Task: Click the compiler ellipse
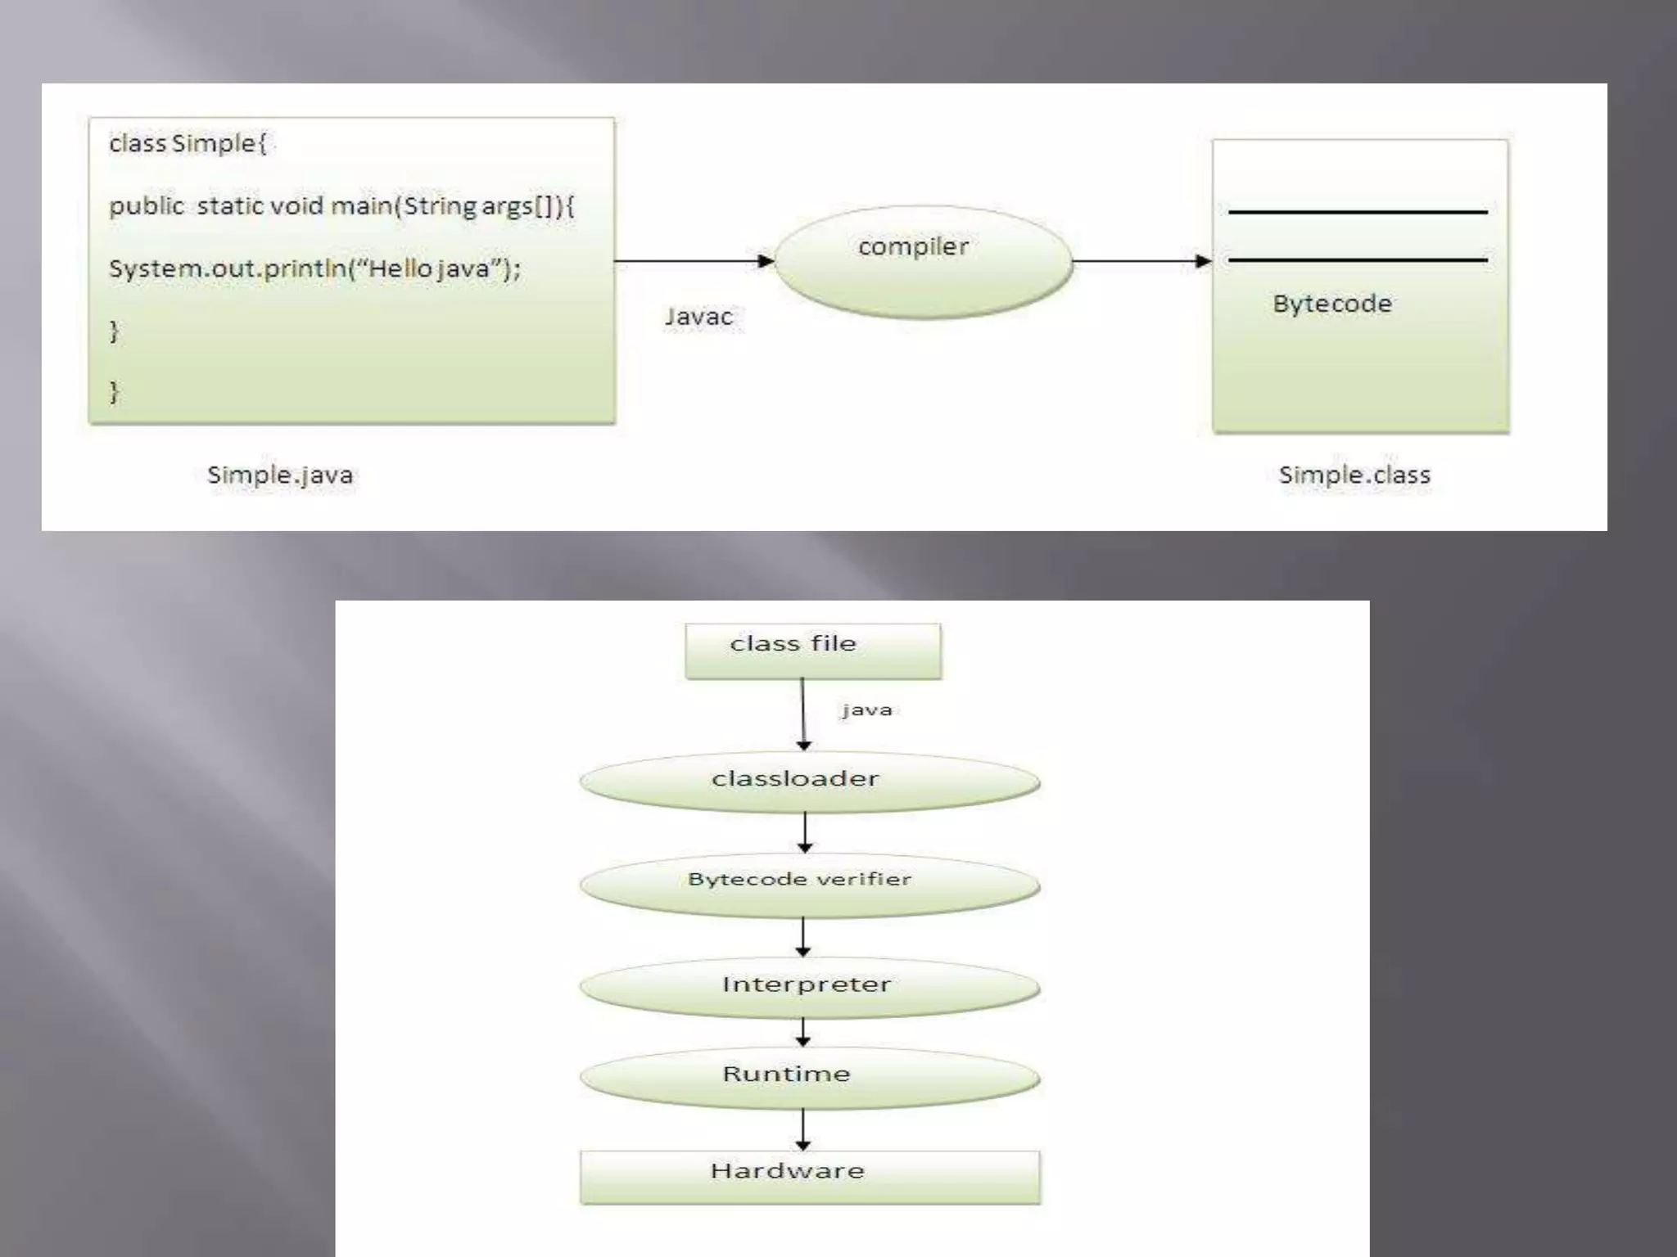point(923,261)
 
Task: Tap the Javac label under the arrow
point(698,317)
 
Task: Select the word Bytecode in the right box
point(1332,304)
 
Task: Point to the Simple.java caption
point(280,475)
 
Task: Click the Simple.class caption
point(1354,475)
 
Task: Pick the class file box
point(812,651)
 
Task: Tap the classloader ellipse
point(809,781)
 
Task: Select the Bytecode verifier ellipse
point(809,884)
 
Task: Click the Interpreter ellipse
point(809,987)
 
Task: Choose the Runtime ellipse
point(809,1077)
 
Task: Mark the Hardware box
point(809,1177)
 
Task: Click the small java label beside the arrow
point(866,710)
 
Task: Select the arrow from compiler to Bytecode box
point(1141,261)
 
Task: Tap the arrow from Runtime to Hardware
point(803,1129)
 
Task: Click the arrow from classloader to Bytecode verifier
point(805,832)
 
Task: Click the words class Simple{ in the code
point(188,143)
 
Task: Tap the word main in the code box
point(360,205)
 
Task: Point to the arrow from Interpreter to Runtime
point(803,1031)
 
